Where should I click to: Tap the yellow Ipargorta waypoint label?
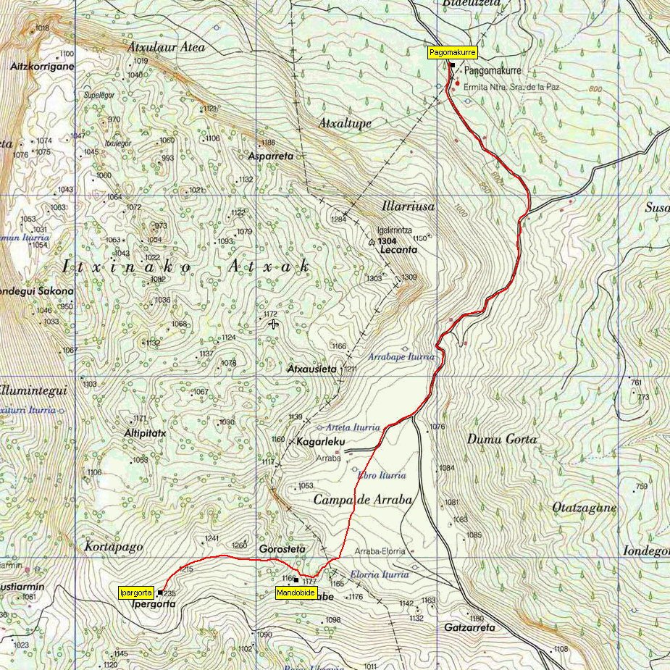coord(136,593)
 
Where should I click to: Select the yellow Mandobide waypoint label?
coord(296,593)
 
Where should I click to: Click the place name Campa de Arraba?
coord(362,500)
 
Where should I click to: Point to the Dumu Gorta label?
coord(502,439)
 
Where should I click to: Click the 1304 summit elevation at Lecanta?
coord(388,240)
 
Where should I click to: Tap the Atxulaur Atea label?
coord(166,47)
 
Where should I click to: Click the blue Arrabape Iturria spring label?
coord(401,357)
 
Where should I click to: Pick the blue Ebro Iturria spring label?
coord(381,475)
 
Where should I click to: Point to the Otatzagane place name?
coord(584,508)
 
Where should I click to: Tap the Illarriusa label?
coord(408,206)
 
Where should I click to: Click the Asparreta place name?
coord(270,156)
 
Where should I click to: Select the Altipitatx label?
coord(145,433)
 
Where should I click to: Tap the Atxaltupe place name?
coord(345,124)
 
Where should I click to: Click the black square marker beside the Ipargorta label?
coord(160,593)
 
